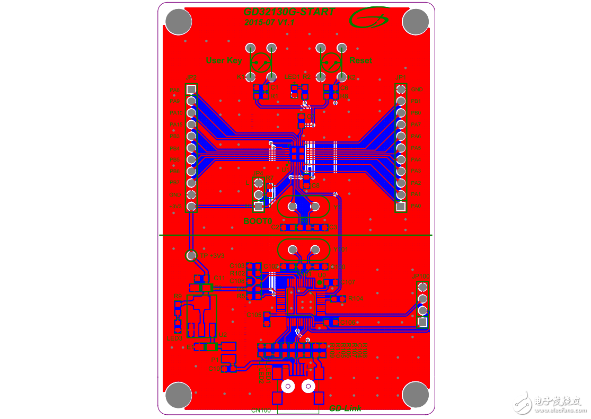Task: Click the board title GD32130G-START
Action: (289, 12)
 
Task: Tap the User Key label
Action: (224, 60)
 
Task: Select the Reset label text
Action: (360, 60)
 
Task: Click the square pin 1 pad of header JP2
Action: (192, 89)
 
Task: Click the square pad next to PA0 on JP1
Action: (401, 206)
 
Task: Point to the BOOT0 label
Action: (258, 221)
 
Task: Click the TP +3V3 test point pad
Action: (191, 255)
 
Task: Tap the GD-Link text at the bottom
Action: (345, 408)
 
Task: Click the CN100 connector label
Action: (261, 410)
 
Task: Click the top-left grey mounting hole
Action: (179, 22)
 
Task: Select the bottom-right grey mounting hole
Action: (415, 395)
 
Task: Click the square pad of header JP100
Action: (422, 322)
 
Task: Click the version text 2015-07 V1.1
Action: (269, 22)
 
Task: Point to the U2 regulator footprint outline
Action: (202, 315)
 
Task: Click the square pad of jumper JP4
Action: (258, 206)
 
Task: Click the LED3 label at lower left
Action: (174, 338)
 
